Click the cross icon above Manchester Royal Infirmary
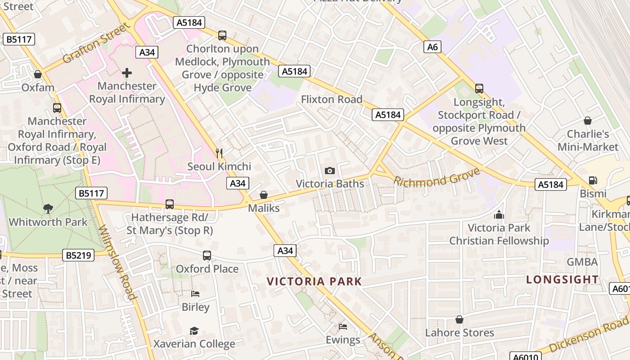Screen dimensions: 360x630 [127, 72]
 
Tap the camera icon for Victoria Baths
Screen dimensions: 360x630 [330, 171]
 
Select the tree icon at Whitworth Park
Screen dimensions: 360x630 [48, 208]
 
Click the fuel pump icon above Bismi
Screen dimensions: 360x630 [593, 180]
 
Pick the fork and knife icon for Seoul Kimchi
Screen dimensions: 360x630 [219, 153]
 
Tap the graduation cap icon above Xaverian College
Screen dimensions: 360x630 [194, 331]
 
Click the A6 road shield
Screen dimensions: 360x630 [432, 47]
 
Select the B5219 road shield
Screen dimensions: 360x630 [79, 255]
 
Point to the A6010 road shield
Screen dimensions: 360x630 [525, 356]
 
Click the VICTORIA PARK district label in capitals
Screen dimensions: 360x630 [314, 282]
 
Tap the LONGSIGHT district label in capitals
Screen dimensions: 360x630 [562, 279]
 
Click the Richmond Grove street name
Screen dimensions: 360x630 [436, 177]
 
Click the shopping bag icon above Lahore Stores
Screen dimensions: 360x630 [459, 319]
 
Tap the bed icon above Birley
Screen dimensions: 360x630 [195, 294]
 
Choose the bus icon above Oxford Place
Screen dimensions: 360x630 [207, 256]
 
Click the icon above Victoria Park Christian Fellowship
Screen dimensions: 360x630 [499, 215]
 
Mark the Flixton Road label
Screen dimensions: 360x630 [332, 99]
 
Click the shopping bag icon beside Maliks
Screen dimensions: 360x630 [264, 195]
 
